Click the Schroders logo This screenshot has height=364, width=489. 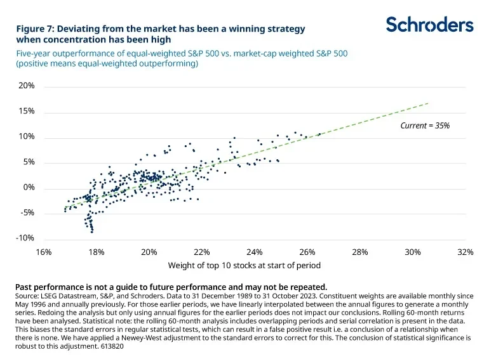[429, 25]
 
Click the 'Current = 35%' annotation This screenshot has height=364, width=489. [425, 126]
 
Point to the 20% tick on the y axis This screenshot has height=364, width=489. [26, 86]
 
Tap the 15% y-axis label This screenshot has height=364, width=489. [26, 111]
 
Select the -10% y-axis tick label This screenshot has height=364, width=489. [25, 238]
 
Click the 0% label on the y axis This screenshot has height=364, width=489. [28, 188]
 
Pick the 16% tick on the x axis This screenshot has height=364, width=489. [43, 252]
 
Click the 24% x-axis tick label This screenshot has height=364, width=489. [254, 252]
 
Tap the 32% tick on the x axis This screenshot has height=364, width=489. [465, 252]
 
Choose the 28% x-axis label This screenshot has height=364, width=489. [359, 252]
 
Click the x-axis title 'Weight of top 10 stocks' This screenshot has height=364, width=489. [244, 266]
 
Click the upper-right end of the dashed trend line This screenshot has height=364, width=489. [429, 103]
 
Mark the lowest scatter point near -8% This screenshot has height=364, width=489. [92, 232]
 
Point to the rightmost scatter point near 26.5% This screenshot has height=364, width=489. [319, 134]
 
